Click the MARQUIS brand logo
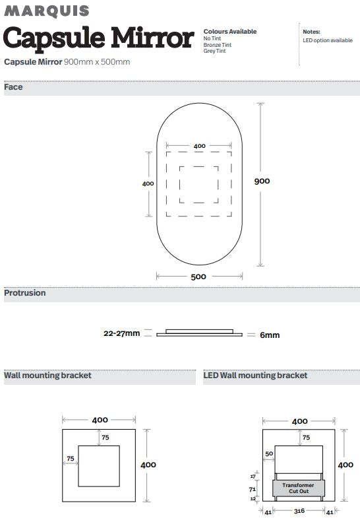[x=47, y=11]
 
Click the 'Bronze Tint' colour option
[x=218, y=45]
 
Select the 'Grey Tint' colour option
[x=215, y=51]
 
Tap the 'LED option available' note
[x=328, y=40]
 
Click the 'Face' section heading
[x=13, y=87]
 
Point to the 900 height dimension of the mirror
[x=262, y=181]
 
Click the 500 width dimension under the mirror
[x=198, y=277]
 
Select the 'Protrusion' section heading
[x=25, y=293]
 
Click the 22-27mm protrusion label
[x=122, y=333]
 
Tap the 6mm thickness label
[x=270, y=335]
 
